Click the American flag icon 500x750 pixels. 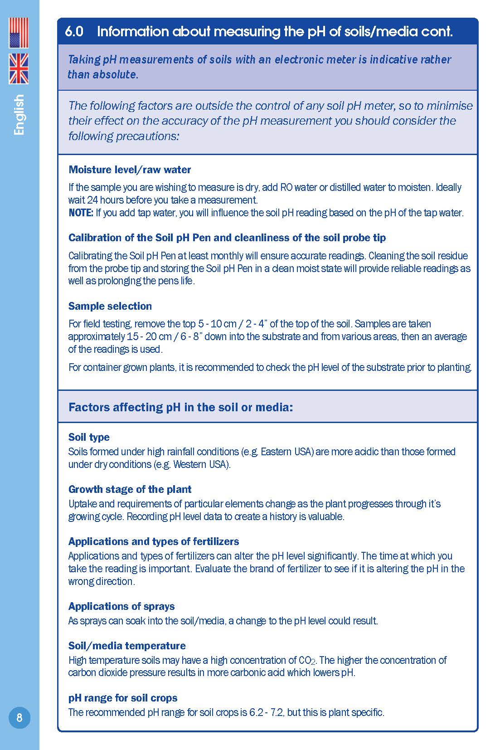tap(19, 33)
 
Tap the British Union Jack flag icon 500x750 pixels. tap(19, 68)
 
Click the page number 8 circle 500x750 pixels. tap(19, 718)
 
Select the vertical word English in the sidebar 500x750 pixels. tap(19, 115)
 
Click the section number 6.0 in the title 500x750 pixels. tap(74, 31)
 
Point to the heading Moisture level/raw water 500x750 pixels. tap(130, 170)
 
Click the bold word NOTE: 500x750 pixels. tap(81, 213)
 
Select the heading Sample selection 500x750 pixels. tap(110, 306)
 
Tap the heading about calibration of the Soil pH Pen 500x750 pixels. tap(227, 238)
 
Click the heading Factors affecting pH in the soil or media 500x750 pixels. tap(180, 407)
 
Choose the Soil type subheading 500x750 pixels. tap(89, 437)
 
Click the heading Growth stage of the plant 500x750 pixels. tap(130, 489)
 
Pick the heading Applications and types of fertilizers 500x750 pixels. tap(154, 541)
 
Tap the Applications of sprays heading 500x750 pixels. tap(121, 606)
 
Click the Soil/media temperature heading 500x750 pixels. tap(127, 646)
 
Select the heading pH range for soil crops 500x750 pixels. tap(123, 698)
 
